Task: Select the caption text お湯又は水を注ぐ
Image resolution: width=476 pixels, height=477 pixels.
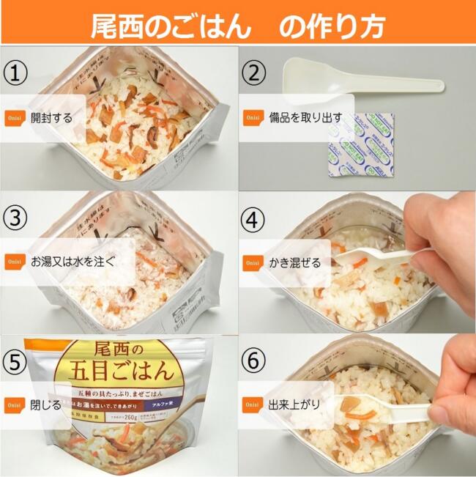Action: coord(72,261)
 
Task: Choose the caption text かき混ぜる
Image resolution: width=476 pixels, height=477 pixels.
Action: coord(295,261)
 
